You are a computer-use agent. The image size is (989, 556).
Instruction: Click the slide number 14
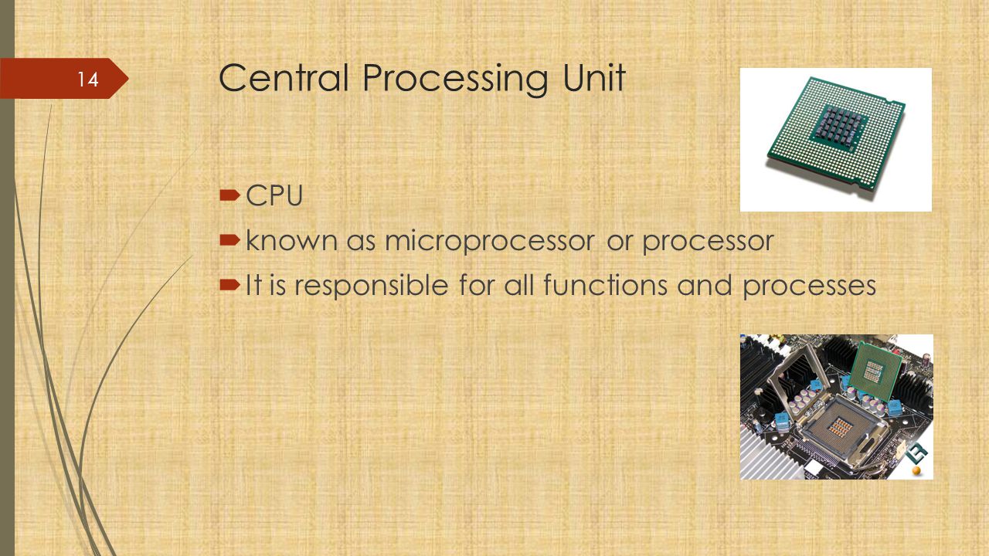[88, 80]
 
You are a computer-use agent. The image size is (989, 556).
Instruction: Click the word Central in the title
[284, 78]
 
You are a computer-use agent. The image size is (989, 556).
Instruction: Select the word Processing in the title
[455, 80]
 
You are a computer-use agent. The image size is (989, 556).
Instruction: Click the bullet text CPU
[274, 195]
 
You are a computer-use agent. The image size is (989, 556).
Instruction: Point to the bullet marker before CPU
[229, 195]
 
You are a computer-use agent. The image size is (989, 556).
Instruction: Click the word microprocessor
[490, 242]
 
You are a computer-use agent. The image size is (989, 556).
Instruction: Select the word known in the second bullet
[291, 240]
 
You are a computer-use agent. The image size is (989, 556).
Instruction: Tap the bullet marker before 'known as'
[229, 240]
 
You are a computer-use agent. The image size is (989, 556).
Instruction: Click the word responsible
[372, 286]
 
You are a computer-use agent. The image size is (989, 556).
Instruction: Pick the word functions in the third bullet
[605, 285]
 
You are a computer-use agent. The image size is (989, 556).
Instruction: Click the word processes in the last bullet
[809, 286]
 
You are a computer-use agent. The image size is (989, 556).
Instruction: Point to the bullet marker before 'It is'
[229, 285]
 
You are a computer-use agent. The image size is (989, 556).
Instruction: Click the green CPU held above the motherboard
[875, 370]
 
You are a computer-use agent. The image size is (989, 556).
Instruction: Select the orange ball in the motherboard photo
[916, 471]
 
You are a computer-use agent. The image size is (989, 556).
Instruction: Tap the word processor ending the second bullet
[708, 242]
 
